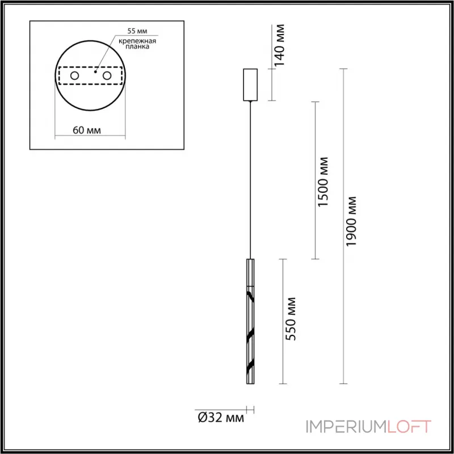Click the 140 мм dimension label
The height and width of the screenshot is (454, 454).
[x=280, y=45]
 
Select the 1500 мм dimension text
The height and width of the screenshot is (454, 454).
[x=323, y=181]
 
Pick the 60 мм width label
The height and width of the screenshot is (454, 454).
[x=87, y=130]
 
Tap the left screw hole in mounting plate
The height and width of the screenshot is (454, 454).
[x=74, y=76]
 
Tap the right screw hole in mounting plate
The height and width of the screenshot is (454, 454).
[x=107, y=76]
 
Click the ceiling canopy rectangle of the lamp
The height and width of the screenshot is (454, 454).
[x=250, y=85]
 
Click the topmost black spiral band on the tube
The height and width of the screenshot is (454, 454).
[x=250, y=295]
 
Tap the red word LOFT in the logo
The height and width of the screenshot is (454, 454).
[x=409, y=426]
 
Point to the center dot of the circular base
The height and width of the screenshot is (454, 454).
[x=95, y=73]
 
